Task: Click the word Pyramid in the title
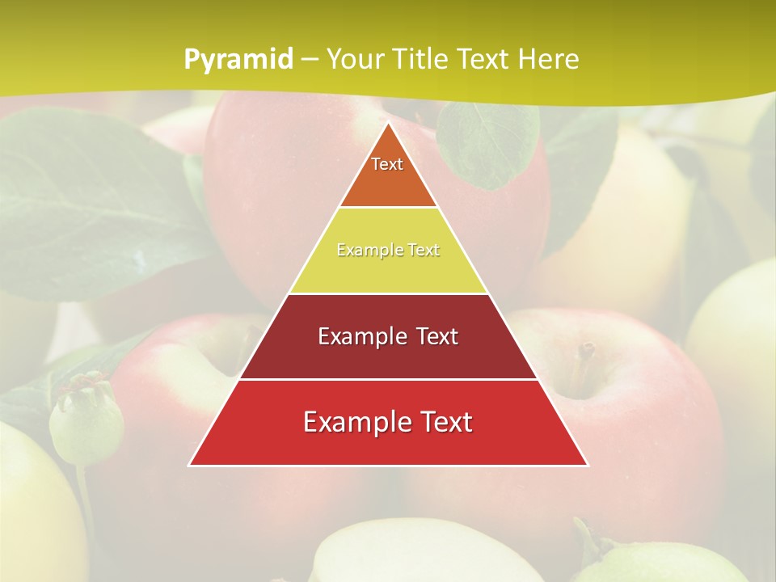[x=238, y=60]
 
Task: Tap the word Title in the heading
[x=423, y=60]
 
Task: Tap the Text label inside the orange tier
[x=387, y=164]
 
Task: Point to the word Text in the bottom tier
[x=442, y=422]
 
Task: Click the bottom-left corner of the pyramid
[x=190, y=465]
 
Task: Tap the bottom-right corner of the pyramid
[x=587, y=465]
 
